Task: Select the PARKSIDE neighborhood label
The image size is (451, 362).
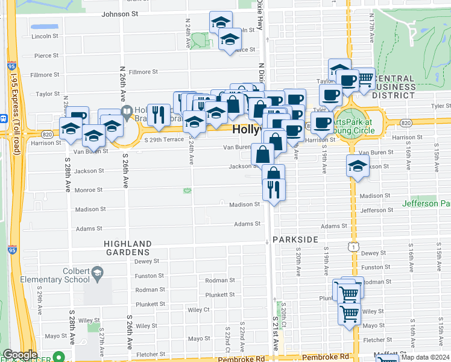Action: tap(295, 240)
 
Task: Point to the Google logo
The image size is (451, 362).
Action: tap(20, 355)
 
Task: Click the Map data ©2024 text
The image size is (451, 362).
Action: tap(425, 357)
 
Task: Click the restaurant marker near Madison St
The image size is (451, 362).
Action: tap(274, 189)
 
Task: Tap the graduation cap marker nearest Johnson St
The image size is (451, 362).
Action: tap(221, 22)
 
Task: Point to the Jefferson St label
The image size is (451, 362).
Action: tap(376, 211)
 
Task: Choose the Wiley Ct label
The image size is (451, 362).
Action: tap(198, 310)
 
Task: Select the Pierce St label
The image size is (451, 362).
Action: tap(46, 56)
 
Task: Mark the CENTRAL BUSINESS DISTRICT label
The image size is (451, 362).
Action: tap(394, 87)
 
